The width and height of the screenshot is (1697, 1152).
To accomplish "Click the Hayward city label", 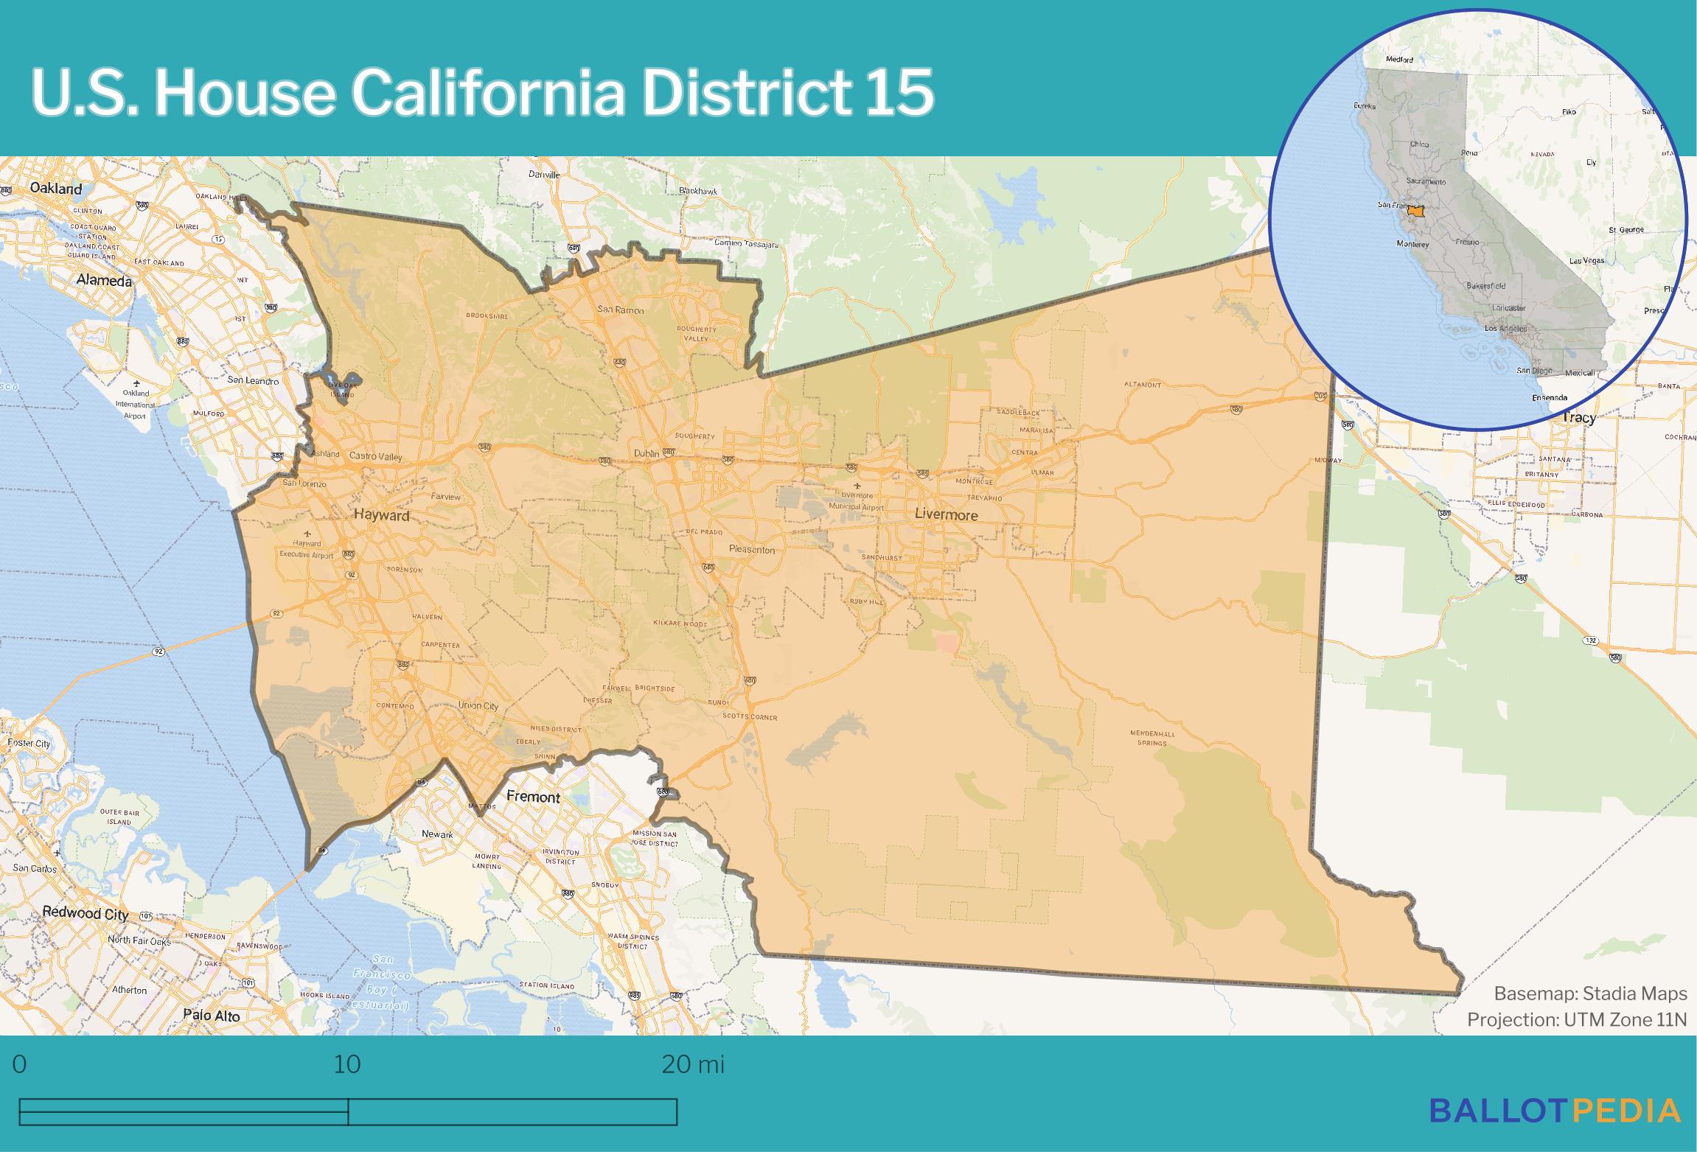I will [381, 515].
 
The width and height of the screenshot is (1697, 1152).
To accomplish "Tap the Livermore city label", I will [946, 514].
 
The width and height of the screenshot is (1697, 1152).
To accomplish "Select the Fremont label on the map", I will [533, 797].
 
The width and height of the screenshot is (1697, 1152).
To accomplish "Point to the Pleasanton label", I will [751, 549].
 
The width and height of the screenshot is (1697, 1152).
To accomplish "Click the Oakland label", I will [56, 189].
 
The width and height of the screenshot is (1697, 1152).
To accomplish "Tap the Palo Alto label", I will [212, 1016].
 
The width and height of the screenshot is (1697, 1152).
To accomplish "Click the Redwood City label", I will [85, 912].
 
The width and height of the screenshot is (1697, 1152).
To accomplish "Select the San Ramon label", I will [620, 310].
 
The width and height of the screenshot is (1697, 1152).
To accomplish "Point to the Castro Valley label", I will [376, 456].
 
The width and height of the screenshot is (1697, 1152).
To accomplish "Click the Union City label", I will [478, 705].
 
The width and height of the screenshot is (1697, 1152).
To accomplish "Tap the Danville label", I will [544, 175].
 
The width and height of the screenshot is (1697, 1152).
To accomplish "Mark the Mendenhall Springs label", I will [1151, 738].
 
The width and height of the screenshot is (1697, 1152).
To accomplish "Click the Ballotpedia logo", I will [1555, 1111].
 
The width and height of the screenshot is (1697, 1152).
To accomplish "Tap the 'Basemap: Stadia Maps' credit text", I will [1590, 994].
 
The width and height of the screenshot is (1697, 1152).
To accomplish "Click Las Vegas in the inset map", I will [1586, 261].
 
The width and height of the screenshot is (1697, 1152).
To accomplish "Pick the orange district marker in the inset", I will [1415, 211].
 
